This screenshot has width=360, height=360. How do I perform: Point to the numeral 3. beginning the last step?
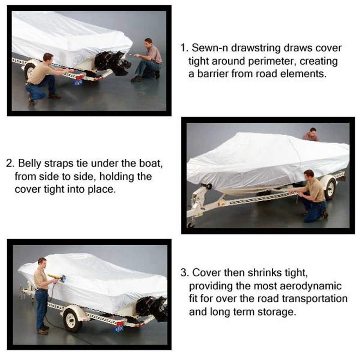coord(184,273)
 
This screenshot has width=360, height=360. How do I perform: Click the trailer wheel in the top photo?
coord(29,71)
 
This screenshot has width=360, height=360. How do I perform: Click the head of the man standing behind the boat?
coord(312,132)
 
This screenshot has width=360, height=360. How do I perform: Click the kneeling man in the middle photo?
coord(313,193)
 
